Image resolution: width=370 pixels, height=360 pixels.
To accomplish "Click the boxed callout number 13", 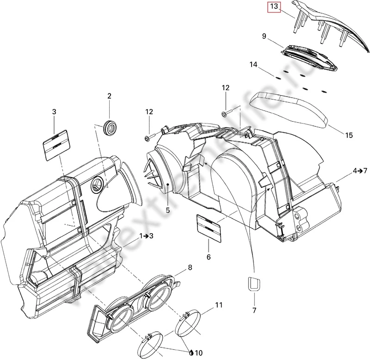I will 274,7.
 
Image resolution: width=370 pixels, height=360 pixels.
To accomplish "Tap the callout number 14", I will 254,65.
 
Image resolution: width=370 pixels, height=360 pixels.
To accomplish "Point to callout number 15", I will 349,135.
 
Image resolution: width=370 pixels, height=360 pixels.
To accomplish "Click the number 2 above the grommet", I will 110,96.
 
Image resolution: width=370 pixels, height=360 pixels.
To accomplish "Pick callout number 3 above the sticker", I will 54,112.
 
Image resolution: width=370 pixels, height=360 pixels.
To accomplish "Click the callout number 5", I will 168,210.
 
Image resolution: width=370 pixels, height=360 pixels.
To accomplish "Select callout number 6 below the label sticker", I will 209,257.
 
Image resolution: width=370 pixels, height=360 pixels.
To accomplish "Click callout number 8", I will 190,267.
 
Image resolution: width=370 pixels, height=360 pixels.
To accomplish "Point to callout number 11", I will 219,305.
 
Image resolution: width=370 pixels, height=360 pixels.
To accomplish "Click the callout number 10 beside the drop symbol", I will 199,353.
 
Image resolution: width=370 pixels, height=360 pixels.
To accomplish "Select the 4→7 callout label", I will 360,171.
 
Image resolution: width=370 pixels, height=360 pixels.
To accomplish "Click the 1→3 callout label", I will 148,236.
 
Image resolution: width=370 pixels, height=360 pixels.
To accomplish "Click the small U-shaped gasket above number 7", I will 253,283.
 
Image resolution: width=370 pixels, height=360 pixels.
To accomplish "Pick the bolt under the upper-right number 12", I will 224,113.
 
